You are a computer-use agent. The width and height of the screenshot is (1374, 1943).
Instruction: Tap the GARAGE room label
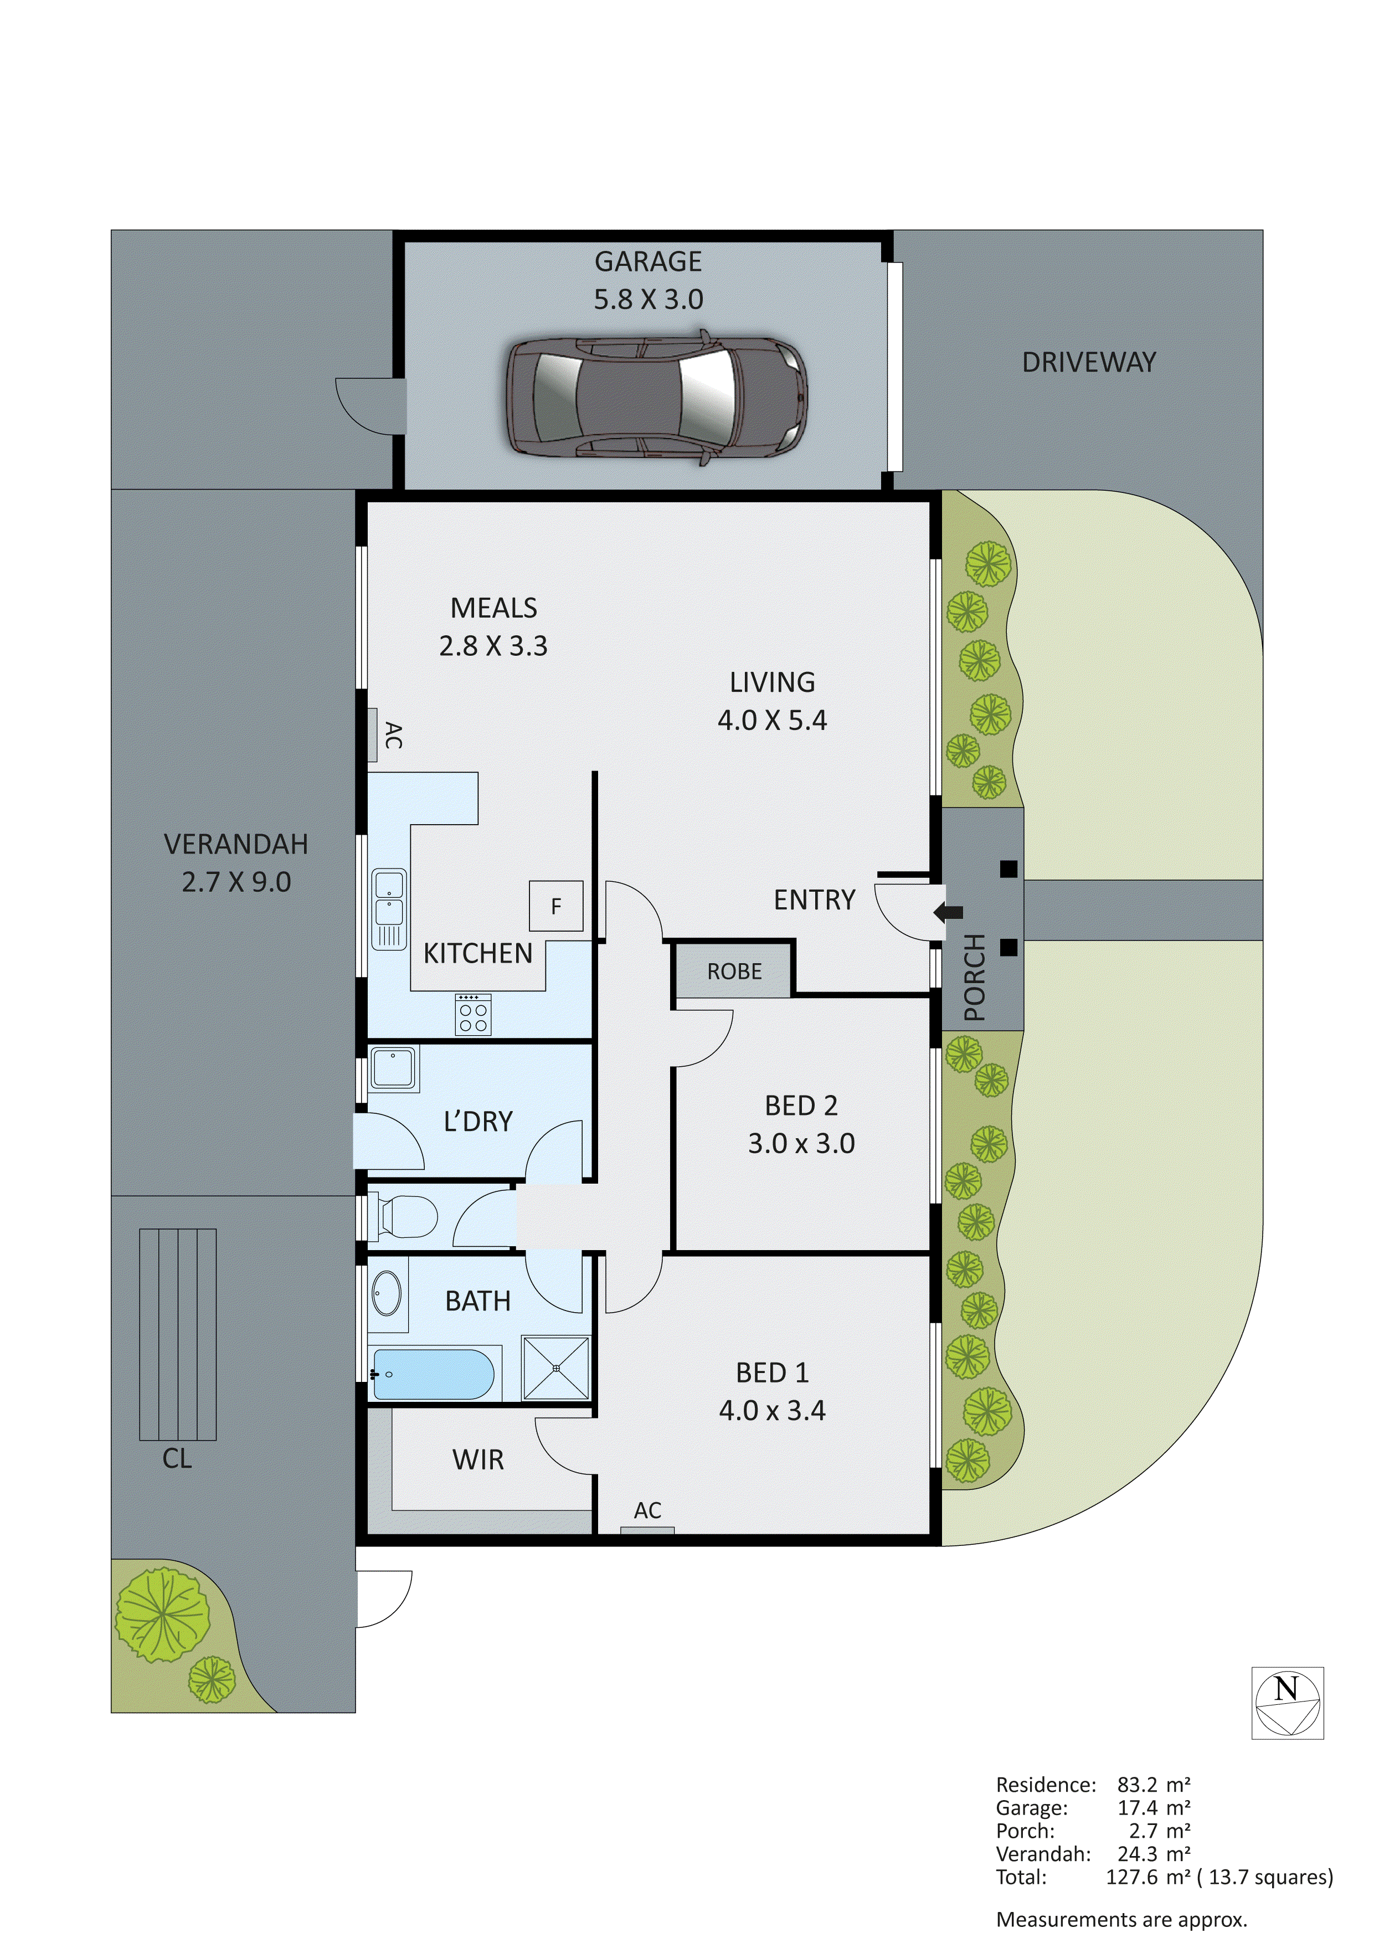[648, 261]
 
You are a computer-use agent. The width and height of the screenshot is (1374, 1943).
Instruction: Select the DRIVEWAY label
[1088, 362]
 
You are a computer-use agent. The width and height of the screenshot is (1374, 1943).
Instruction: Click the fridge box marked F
[556, 906]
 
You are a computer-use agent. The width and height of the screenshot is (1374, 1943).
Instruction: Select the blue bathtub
[431, 1375]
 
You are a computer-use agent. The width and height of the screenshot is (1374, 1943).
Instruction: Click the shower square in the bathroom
[556, 1368]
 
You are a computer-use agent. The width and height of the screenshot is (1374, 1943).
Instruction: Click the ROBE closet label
[734, 971]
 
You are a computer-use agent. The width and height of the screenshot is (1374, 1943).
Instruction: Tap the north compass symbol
[1287, 1704]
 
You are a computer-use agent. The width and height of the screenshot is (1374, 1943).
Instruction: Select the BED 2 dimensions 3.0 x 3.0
[801, 1143]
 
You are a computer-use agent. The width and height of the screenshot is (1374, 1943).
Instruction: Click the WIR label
[478, 1460]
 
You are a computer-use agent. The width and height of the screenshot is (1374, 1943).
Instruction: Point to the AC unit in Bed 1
[647, 1530]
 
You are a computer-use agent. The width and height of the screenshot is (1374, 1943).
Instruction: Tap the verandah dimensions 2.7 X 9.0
[236, 882]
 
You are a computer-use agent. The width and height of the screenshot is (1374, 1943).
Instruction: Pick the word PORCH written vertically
[975, 978]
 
